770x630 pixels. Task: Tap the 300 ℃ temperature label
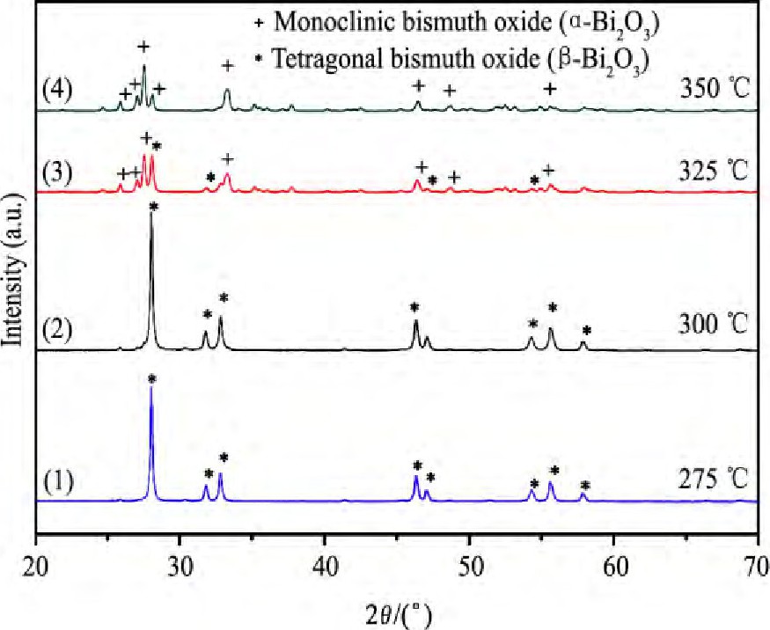click(x=715, y=326)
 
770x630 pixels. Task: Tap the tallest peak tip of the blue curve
click(x=151, y=389)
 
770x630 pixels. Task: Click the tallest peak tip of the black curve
click(x=151, y=216)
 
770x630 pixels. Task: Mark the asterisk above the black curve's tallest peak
click(x=154, y=207)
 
